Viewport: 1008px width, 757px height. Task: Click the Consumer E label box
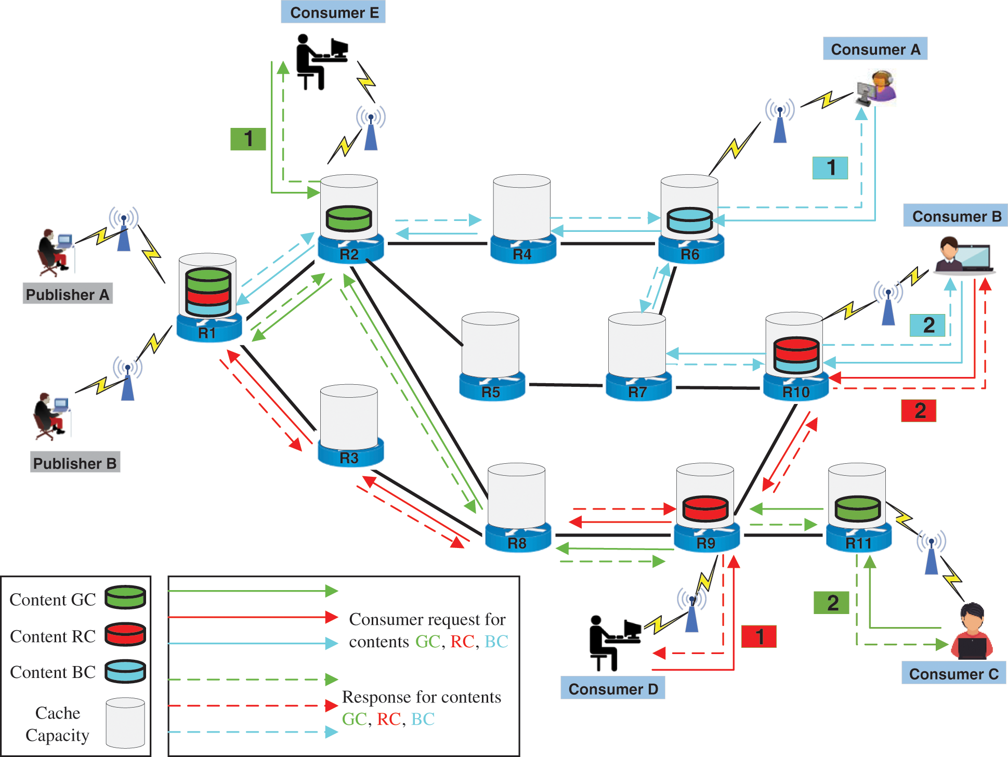(333, 12)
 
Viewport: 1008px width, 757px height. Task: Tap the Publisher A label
(68, 294)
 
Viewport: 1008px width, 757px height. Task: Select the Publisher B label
(75, 463)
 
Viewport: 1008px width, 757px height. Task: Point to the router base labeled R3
(350, 456)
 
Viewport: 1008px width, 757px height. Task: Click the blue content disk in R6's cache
(689, 220)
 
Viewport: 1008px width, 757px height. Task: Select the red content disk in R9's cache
(705, 508)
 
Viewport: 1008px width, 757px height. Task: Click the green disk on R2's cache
(349, 218)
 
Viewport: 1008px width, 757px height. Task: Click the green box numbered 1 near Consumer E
(248, 139)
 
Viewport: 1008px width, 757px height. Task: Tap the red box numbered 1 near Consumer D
(758, 636)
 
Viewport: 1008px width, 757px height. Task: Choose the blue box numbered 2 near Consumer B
(927, 325)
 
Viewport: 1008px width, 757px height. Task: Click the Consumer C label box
(953, 673)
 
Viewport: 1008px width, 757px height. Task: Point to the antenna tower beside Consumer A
(780, 123)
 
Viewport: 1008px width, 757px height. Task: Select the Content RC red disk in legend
(125, 634)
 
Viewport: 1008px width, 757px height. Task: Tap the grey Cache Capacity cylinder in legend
(125, 723)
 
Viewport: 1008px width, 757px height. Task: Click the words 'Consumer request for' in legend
(427, 619)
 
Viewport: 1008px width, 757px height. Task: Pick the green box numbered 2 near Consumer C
(831, 603)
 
